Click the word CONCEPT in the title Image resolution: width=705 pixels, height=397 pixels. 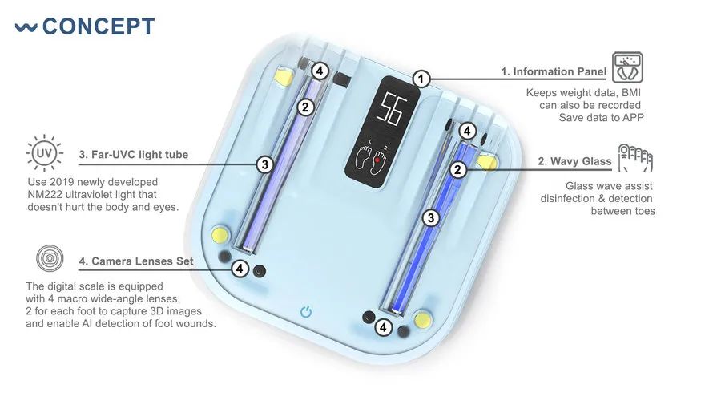[99, 26]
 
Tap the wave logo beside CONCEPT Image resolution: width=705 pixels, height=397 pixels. [26, 27]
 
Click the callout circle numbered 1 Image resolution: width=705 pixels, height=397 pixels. [422, 79]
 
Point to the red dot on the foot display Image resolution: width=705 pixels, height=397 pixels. [377, 159]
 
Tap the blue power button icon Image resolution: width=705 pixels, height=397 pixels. [305, 311]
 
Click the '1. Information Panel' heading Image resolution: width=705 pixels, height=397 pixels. [554, 71]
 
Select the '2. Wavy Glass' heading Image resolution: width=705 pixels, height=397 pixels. [574, 161]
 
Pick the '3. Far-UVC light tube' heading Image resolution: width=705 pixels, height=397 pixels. [134, 154]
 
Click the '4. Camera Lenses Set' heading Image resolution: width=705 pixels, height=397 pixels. [136, 261]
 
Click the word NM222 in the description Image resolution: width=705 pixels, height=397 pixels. [46, 195]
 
